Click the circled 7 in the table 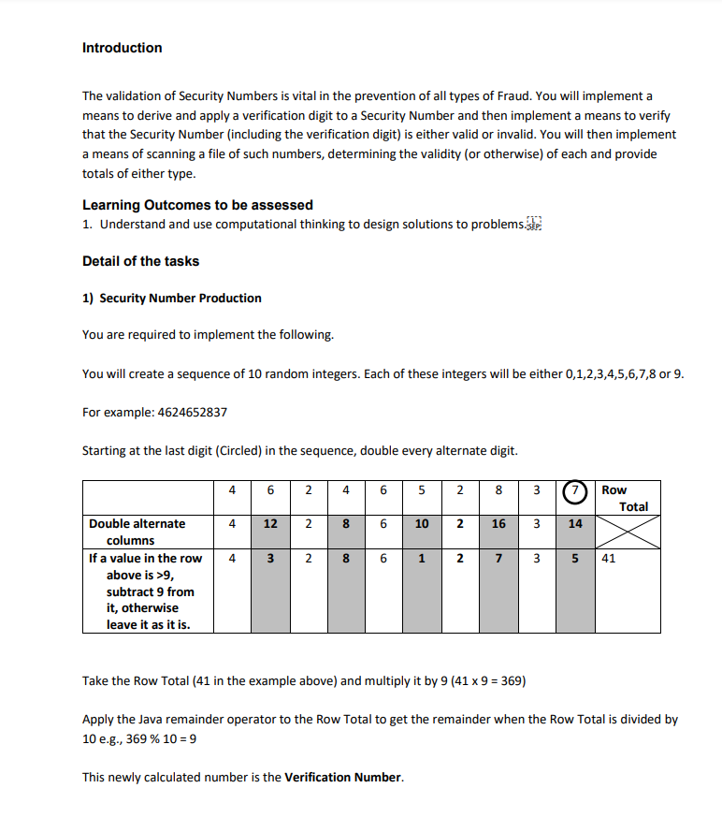pos(575,489)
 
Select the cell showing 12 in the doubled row pos(269,524)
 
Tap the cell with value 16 pos(498,524)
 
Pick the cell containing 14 pos(575,524)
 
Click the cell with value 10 pos(422,524)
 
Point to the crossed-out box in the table pos(628,532)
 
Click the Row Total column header pos(626,498)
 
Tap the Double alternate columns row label pos(137,532)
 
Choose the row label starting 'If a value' pos(145,591)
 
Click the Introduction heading pos(122,48)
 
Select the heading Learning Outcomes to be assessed pos(197,205)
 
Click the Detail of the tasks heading pos(140,261)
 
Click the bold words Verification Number pos(343,778)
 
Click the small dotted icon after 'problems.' pos(534,224)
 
